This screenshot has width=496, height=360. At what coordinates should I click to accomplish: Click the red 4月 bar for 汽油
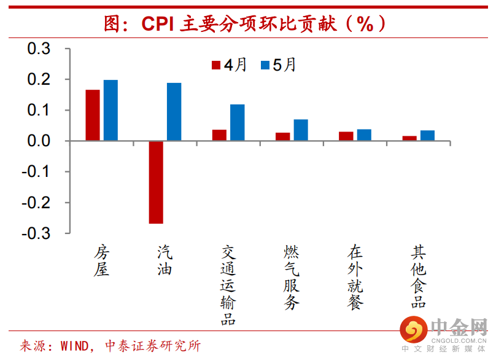click(x=156, y=182)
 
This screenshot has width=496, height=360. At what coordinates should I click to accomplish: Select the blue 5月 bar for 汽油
click(x=174, y=112)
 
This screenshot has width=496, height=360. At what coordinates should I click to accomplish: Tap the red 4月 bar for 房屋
click(x=93, y=115)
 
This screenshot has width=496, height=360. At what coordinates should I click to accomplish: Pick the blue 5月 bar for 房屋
click(x=110, y=111)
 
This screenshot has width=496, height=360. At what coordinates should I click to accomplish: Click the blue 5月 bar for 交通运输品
click(x=238, y=123)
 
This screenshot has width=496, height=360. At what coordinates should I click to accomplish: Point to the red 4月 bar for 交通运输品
click(x=219, y=135)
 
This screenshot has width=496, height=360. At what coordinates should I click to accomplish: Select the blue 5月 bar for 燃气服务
click(x=301, y=130)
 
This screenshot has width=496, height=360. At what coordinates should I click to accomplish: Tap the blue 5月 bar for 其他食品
click(x=428, y=136)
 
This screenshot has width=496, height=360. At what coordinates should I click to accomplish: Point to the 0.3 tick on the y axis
click(x=40, y=49)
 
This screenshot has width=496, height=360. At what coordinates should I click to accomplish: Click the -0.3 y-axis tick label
click(x=37, y=233)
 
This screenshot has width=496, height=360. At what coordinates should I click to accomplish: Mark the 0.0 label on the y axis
click(x=40, y=141)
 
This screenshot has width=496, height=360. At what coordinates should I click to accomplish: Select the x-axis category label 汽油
click(x=165, y=260)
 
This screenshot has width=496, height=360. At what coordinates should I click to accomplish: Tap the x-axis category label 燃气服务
click(x=292, y=278)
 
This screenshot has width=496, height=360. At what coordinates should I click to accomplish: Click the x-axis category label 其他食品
click(x=419, y=278)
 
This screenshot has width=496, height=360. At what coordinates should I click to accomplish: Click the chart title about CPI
click(x=246, y=23)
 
